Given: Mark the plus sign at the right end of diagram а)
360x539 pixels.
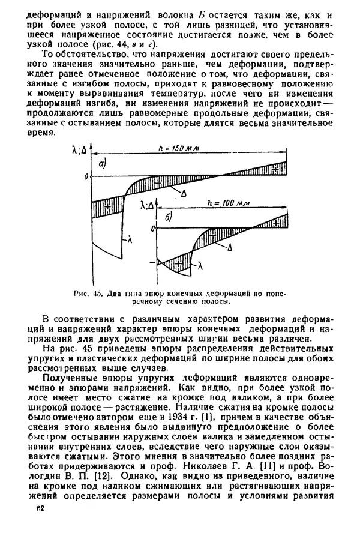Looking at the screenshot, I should pyautogui.click(x=281, y=166).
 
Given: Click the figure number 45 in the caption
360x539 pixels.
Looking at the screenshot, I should pyautogui.click(x=99, y=294).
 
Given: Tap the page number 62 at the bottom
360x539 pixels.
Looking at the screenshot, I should pyautogui.click(x=41, y=509).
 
